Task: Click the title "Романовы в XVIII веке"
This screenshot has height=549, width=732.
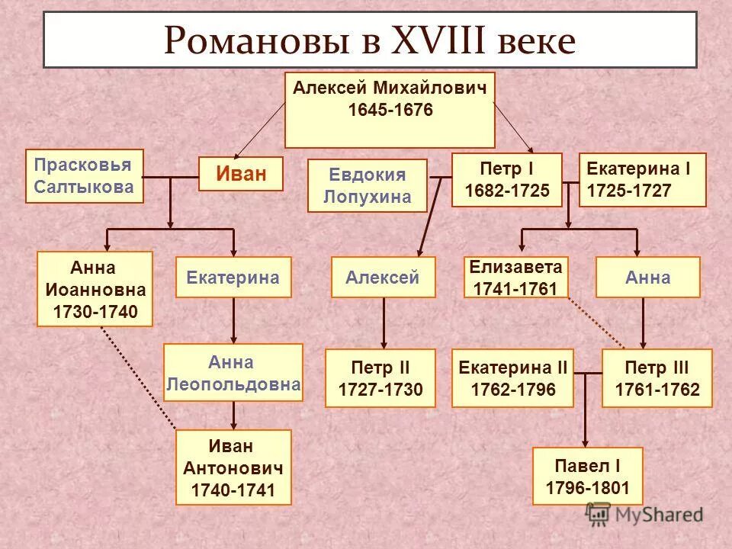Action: [370, 40]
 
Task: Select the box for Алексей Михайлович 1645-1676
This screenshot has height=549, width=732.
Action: [390, 110]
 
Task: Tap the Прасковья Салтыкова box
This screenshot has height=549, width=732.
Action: [84, 176]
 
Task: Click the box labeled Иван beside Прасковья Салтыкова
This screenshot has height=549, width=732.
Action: [241, 174]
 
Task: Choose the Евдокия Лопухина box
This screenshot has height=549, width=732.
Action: [367, 185]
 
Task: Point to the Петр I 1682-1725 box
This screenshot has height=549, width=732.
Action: [506, 180]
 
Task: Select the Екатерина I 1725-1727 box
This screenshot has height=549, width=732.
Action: [642, 180]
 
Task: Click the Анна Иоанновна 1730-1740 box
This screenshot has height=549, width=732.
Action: [95, 289]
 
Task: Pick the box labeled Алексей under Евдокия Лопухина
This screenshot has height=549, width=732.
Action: [383, 277]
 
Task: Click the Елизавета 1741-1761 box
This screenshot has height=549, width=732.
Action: [516, 277]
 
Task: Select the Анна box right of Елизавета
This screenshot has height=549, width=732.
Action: [647, 277]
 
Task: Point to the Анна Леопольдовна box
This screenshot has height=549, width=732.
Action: [233, 373]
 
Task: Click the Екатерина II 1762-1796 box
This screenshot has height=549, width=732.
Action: [512, 378]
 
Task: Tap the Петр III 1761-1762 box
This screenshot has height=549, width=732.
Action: [657, 378]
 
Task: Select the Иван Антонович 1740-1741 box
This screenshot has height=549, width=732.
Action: [233, 467]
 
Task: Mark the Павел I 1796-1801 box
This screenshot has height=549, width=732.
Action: [588, 476]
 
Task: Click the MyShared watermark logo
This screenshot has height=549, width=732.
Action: [644, 515]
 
